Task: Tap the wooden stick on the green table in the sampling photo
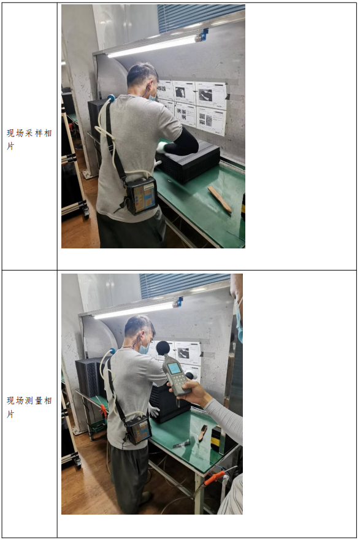point(220,199)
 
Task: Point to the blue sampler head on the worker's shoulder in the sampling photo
point(110,99)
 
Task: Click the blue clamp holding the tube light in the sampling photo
point(204,34)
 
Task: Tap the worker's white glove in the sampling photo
point(161,147)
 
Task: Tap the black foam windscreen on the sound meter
point(163,348)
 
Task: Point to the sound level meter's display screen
point(174,368)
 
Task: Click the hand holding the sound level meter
point(189,392)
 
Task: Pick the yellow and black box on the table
point(218,438)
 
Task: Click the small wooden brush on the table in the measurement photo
point(202,432)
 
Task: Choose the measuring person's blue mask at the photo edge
point(239,323)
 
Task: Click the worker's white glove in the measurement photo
point(153,411)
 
